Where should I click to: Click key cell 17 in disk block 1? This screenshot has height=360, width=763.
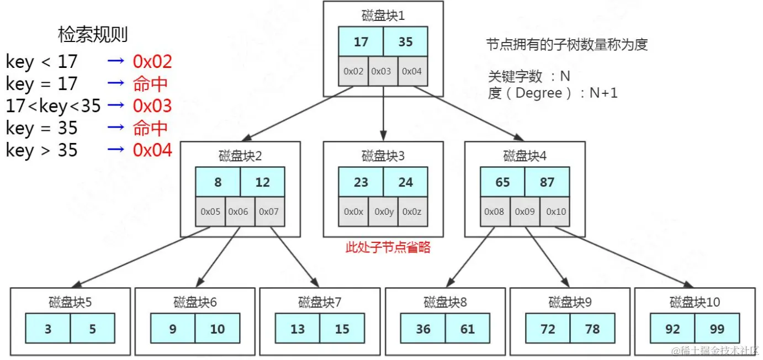point(361,42)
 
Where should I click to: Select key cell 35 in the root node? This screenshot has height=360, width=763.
point(406,42)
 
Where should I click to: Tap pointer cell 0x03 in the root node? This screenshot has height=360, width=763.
point(383,71)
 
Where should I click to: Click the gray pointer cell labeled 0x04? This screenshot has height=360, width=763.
point(412,71)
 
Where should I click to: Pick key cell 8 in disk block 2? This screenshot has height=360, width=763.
point(218,182)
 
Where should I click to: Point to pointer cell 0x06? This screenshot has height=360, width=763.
point(240,211)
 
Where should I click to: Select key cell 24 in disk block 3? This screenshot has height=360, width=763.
point(406,182)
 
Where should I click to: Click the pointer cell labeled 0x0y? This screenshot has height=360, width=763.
point(383,211)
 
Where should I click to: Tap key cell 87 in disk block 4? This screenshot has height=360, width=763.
point(547,182)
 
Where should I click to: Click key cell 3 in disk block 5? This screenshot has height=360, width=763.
point(48,329)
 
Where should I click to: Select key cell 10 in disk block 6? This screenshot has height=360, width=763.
point(218,329)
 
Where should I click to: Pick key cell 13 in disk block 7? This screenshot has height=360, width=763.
point(298,329)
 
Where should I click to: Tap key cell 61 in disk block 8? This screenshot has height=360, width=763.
point(468,329)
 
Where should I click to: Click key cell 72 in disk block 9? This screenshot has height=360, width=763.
point(548,329)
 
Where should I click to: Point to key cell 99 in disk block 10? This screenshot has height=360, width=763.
point(717,329)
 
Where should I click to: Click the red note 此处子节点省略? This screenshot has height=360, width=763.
point(388,247)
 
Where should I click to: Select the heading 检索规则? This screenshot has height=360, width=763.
point(93,35)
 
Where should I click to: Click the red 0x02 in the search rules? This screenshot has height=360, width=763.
point(152,61)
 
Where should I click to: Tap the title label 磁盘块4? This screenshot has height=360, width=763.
point(524,156)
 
